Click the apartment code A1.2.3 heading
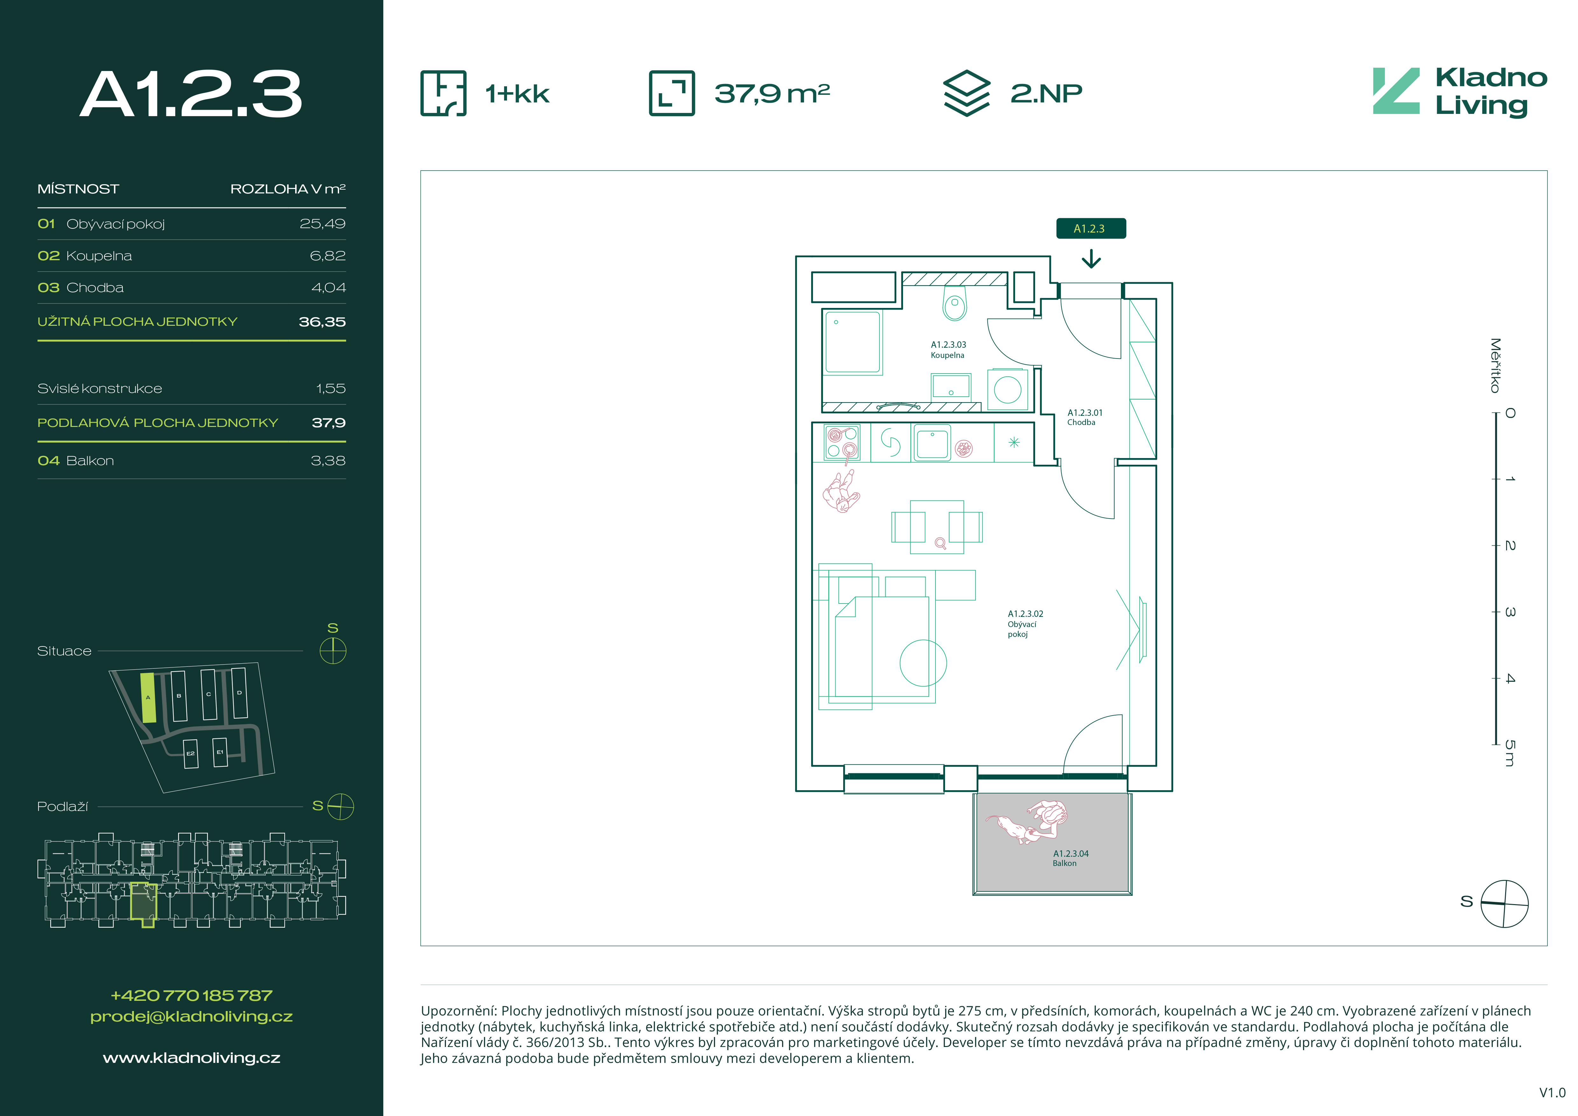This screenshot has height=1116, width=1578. pyautogui.click(x=191, y=94)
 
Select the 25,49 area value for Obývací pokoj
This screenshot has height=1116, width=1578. pyautogui.click(x=322, y=224)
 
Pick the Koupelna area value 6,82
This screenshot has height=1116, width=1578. pyautogui.click(x=328, y=256)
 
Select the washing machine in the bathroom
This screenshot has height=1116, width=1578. pyautogui.click(x=1008, y=390)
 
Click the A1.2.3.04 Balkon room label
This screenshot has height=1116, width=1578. pyautogui.click(x=1070, y=858)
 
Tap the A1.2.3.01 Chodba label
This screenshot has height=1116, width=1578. pyautogui.click(x=1085, y=417)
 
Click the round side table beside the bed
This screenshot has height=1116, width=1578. pyautogui.click(x=923, y=663)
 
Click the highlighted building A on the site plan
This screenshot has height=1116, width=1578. pyautogui.click(x=148, y=697)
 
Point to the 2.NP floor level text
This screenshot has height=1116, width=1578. pyautogui.click(x=1046, y=94)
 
